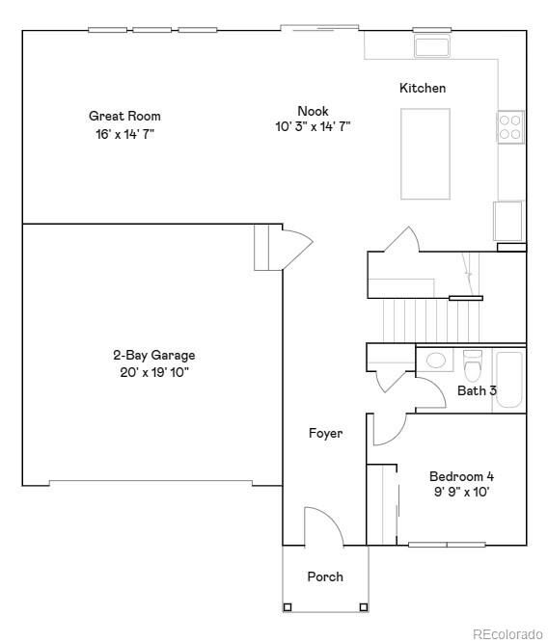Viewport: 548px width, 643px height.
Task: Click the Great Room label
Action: pos(124,116)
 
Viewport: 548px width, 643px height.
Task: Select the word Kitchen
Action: pos(423,89)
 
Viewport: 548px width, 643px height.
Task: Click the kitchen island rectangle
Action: pos(425,153)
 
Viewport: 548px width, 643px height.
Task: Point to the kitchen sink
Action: pos(432,45)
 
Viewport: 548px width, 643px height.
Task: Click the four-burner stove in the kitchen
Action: pos(510,127)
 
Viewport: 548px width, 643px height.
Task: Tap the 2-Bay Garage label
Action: pos(153,355)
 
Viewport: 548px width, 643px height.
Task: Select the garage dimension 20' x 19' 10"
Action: pos(153,371)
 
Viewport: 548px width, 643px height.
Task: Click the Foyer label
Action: pos(325,434)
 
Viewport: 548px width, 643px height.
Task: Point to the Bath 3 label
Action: pos(477,390)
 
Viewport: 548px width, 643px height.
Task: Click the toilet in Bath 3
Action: pos(472,366)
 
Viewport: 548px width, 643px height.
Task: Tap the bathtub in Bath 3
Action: pos(508,381)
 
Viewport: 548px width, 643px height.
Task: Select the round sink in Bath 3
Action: pos(436,361)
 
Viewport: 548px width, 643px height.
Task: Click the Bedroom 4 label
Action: pos(461,476)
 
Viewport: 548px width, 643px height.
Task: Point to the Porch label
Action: pos(325,576)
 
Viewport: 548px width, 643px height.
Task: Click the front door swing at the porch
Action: pos(322,526)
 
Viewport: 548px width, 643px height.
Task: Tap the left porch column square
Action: pos(288,606)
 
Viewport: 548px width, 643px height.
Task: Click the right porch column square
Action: pos(363,606)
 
